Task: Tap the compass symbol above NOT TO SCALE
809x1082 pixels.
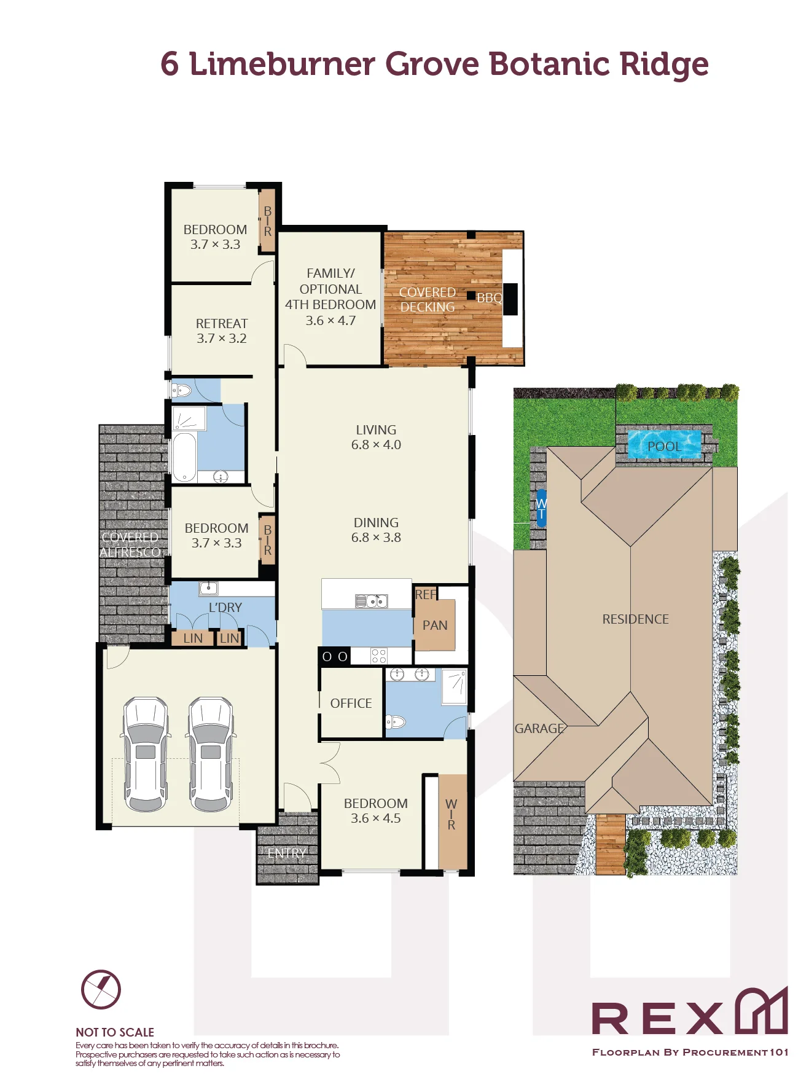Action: (101, 989)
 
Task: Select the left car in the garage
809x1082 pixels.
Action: (146, 754)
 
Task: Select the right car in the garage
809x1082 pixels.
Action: (211, 754)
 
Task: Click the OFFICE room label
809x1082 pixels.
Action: (351, 703)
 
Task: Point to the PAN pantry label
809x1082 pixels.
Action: (435, 625)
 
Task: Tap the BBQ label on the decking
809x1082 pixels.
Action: (490, 298)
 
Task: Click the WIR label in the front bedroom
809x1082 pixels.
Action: (451, 814)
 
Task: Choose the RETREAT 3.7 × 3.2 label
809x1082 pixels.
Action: (222, 331)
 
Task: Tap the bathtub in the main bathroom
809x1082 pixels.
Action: (184, 458)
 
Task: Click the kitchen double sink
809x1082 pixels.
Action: (372, 601)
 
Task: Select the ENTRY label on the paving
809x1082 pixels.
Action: (286, 853)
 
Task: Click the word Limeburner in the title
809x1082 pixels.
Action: (282, 64)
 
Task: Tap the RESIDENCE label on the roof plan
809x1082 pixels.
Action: (635, 619)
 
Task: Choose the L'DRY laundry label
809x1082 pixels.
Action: (225, 607)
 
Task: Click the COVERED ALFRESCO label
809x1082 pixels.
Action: (130, 544)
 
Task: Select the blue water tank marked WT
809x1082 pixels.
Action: (541, 508)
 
